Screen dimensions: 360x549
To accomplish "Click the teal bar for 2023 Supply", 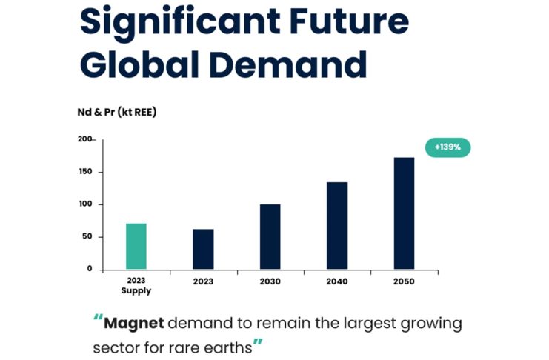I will point(136,246).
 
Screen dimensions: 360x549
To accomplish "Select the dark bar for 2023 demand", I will point(203,249).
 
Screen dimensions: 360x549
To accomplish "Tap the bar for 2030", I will point(270,236).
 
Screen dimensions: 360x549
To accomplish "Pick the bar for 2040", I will point(336,225).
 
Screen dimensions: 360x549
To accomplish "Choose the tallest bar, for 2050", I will point(404,213).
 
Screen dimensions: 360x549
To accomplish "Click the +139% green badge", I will point(447,147).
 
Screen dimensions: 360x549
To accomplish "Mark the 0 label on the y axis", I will point(89,269).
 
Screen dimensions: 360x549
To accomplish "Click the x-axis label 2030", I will point(270,282).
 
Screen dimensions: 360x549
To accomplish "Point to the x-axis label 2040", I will point(337,282).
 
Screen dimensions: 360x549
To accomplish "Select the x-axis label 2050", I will point(404,282).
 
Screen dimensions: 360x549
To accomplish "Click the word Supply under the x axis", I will point(136,291).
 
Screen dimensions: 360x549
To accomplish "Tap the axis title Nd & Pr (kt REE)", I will point(118,112).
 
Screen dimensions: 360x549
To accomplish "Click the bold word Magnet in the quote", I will point(133,324).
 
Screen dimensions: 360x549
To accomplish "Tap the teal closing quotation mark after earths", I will point(258,343).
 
